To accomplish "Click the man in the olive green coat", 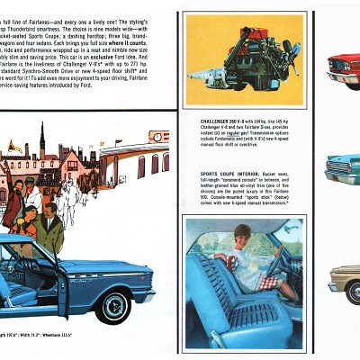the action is point(51,231).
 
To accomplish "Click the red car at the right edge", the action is point(346,67).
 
